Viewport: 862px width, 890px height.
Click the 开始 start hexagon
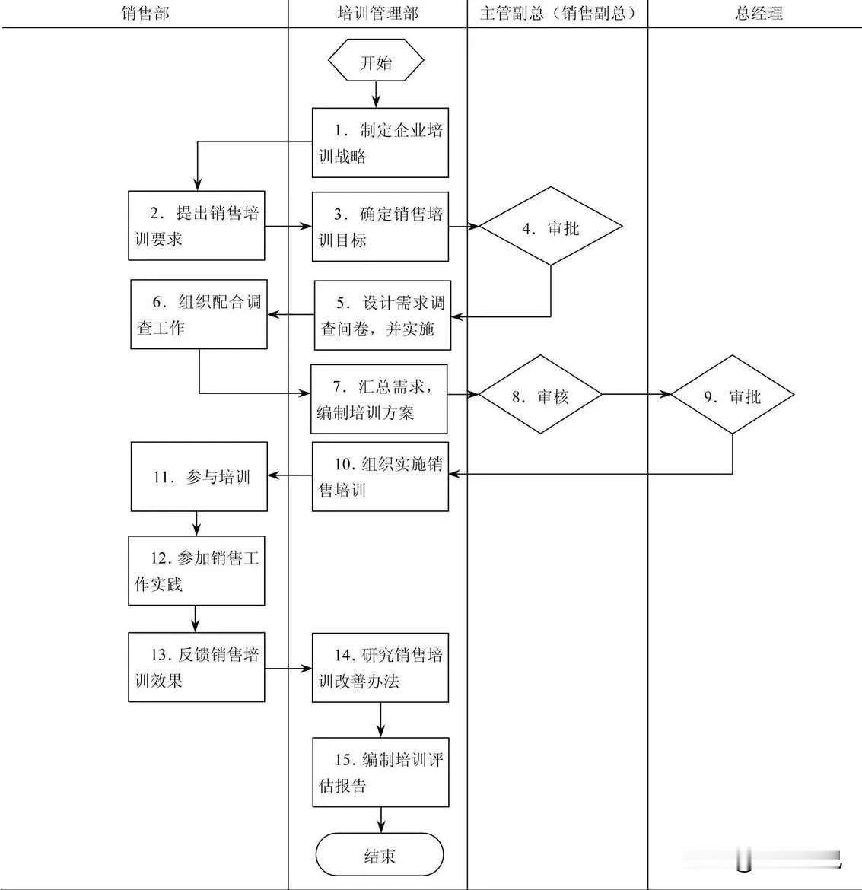[x=377, y=62]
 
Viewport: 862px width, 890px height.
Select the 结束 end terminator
[x=380, y=855]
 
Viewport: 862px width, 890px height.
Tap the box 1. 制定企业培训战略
[x=380, y=143]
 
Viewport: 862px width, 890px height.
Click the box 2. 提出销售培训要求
[x=196, y=226]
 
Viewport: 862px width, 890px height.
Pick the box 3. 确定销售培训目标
[x=380, y=227]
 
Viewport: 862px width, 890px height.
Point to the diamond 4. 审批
[x=551, y=227]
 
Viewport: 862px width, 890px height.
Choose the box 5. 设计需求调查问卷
[x=383, y=316]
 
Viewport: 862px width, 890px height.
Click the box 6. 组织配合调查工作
[x=199, y=315]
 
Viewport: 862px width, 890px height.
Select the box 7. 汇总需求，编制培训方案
[x=379, y=399]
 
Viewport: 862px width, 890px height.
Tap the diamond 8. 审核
[x=540, y=395]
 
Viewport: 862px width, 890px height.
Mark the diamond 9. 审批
[x=732, y=395]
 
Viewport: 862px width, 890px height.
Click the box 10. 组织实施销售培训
[x=380, y=476]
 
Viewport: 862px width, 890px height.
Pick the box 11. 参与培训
[x=199, y=476]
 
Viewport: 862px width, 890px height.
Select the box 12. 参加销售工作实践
[x=196, y=571]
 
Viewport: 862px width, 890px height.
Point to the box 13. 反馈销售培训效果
[x=196, y=667]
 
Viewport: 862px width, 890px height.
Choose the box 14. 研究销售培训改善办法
[x=380, y=667]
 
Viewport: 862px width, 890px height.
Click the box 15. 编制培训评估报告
[x=380, y=772]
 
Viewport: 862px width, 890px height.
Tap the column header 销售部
[x=145, y=13]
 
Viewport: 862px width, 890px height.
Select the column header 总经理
[x=759, y=13]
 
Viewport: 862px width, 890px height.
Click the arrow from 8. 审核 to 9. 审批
[x=635, y=395]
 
